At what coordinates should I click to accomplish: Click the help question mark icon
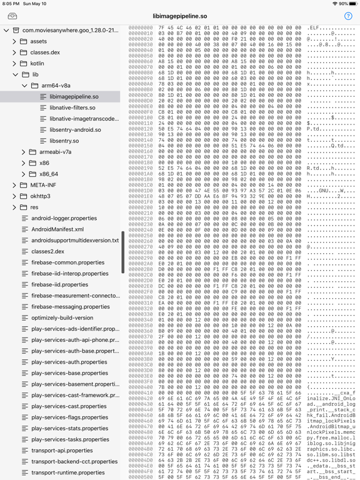pos(348,16)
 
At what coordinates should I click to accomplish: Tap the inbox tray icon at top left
pos(12,16)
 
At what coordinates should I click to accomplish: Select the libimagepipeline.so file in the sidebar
pos(74,97)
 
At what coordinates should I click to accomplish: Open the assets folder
pos(38,42)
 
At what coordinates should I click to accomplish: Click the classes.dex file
pos(45,52)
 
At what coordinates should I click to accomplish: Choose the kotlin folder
pos(37,64)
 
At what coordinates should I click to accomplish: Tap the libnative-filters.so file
pos(72,108)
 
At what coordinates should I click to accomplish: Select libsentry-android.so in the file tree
pos(75,130)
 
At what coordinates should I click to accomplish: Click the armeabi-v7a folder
pos(55,152)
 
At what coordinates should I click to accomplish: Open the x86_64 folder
pos(48,174)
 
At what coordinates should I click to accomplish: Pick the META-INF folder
pos(43,186)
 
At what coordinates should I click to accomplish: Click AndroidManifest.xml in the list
pos(57,229)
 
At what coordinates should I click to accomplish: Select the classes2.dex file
pos(47,251)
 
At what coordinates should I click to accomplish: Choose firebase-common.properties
pos(67,262)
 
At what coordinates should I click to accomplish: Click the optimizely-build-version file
pos(62,317)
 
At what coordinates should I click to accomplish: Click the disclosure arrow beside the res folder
pos(14,207)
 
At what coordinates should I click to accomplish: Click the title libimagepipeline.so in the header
pos(180,16)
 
